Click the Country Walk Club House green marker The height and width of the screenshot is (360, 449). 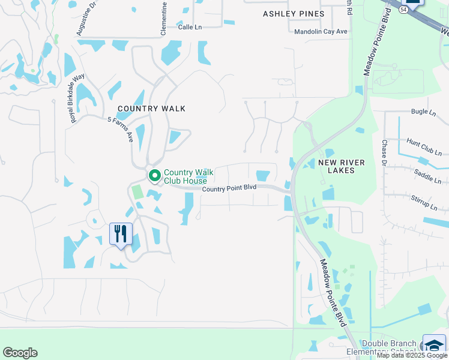tap(154, 176)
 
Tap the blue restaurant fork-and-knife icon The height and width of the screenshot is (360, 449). tap(121, 233)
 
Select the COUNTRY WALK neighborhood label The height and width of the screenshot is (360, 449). tap(151, 109)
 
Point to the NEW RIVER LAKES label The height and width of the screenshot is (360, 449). tap(345, 166)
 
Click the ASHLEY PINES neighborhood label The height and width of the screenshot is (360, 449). tap(294, 14)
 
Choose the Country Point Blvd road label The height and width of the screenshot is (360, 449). tap(229, 188)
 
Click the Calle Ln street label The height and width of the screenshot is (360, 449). tap(190, 27)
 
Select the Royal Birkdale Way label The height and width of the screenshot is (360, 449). tap(77, 98)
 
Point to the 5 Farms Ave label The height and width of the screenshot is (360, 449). tap(120, 129)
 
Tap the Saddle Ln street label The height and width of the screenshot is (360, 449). tap(427, 176)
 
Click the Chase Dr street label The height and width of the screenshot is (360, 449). tap(384, 153)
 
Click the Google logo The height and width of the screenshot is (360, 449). tap(20, 353)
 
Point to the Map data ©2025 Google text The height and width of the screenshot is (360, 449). tap(412, 355)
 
